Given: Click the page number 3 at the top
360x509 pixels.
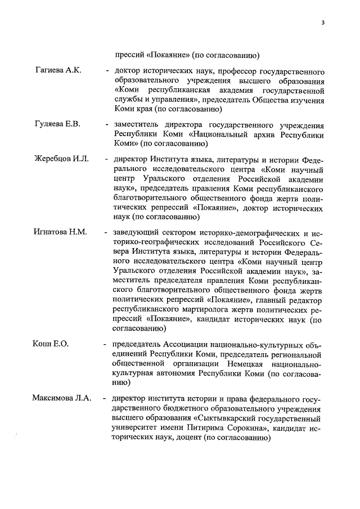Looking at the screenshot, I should [x=322, y=22].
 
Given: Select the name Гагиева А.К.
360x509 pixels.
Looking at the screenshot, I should [x=58, y=70].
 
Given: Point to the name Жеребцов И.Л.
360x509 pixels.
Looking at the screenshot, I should [x=61, y=160].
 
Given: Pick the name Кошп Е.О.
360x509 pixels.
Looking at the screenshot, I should [x=51, y=344].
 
